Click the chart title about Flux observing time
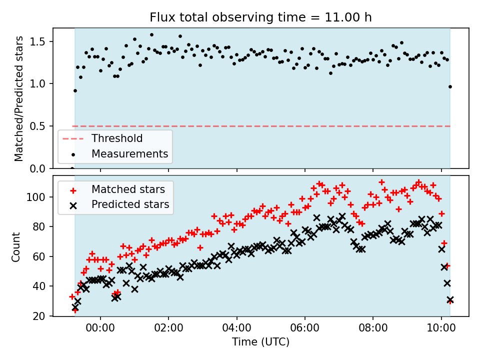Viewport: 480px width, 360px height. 260,18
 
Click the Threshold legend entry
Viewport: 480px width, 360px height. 116,138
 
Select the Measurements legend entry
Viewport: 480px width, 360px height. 129,153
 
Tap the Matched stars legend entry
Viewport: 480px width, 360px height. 128,189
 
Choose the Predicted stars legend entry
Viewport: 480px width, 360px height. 130,204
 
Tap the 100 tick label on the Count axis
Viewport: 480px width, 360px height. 39,197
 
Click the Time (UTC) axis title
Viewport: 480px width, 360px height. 260,343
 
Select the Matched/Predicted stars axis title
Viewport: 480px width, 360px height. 19,98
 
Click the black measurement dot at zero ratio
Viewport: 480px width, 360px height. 72,168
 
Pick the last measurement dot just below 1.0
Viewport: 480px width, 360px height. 450,86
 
